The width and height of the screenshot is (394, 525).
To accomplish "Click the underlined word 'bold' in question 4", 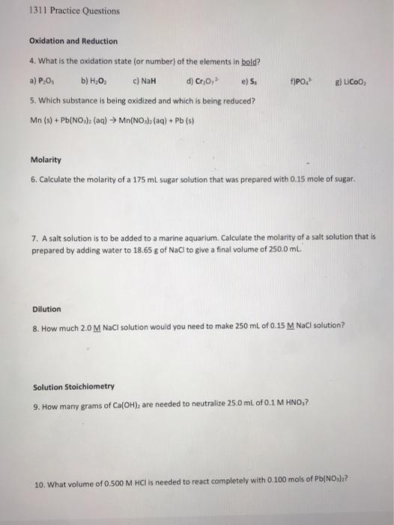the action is [225, 61].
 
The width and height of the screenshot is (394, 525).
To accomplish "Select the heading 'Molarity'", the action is [46, 160].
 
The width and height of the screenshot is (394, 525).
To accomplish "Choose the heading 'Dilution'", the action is [47, 309].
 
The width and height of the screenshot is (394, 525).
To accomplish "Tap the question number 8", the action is [35, 326].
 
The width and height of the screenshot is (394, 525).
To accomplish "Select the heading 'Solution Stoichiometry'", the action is [74, 387].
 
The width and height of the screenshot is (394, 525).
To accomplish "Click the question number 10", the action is [40, 484].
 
